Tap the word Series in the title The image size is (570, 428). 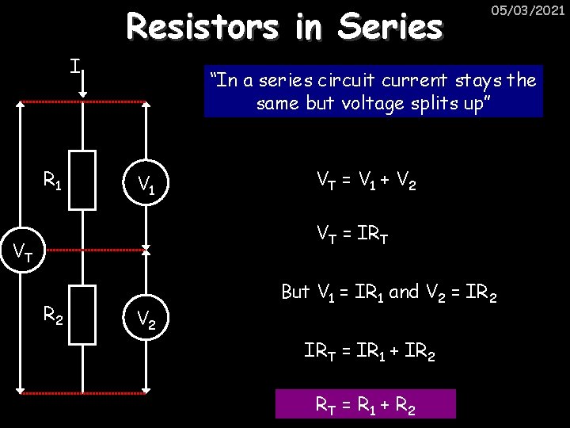(389, 27)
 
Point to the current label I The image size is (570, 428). (74, 66)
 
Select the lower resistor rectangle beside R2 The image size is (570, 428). (82, 314)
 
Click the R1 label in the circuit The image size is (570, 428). (52, 184)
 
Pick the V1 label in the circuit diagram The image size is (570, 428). (146, 185)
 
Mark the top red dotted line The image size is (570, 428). (83, 102)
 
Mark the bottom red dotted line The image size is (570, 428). (83, 392)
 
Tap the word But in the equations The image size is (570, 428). (294, 292)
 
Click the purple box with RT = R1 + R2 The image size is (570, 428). (366, 403)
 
